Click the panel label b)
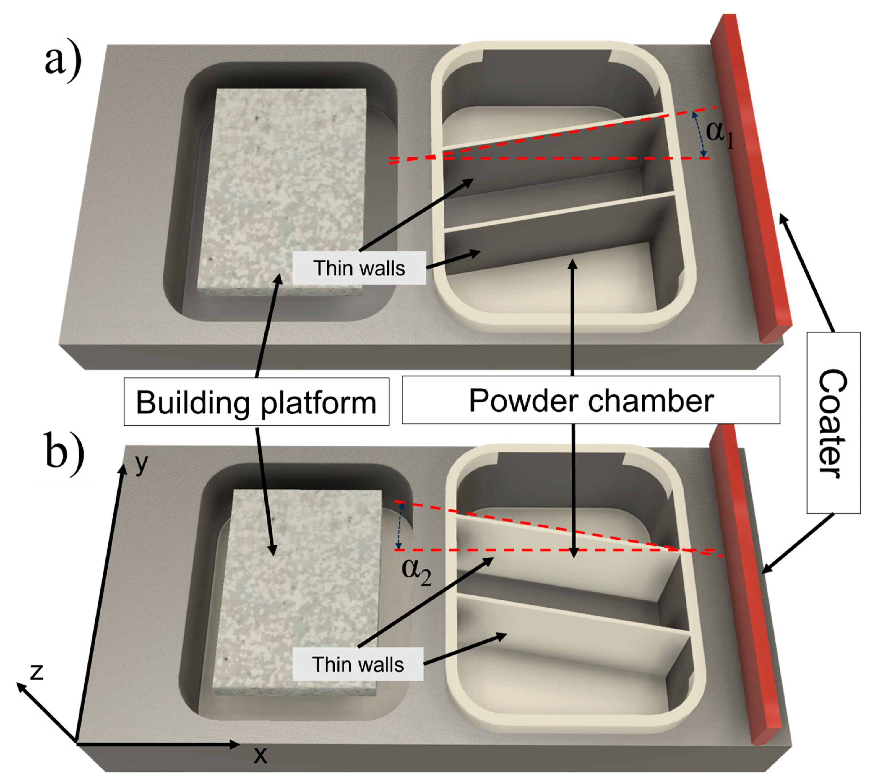64,454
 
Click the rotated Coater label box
833,423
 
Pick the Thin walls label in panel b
358,664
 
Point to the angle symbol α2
416,571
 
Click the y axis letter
141,463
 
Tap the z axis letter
37,672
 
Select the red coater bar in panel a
751,180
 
